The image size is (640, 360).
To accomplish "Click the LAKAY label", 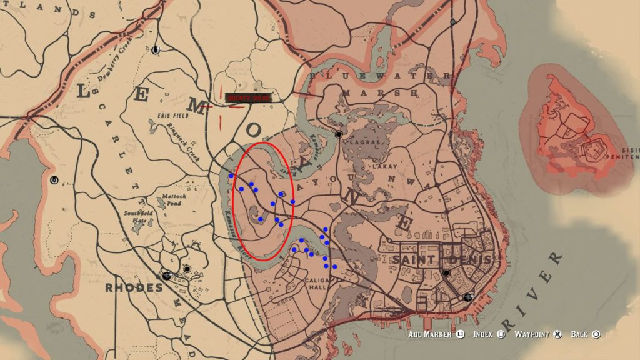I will pos(382,167).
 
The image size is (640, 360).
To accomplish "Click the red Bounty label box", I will pos(249,98).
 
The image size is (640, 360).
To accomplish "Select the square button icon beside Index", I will pos(501,334).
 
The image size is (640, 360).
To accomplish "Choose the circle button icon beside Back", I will pos(596,334).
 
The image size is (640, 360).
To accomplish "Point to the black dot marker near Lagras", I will pos(339,134).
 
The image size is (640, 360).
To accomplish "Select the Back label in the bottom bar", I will pos(579,334).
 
